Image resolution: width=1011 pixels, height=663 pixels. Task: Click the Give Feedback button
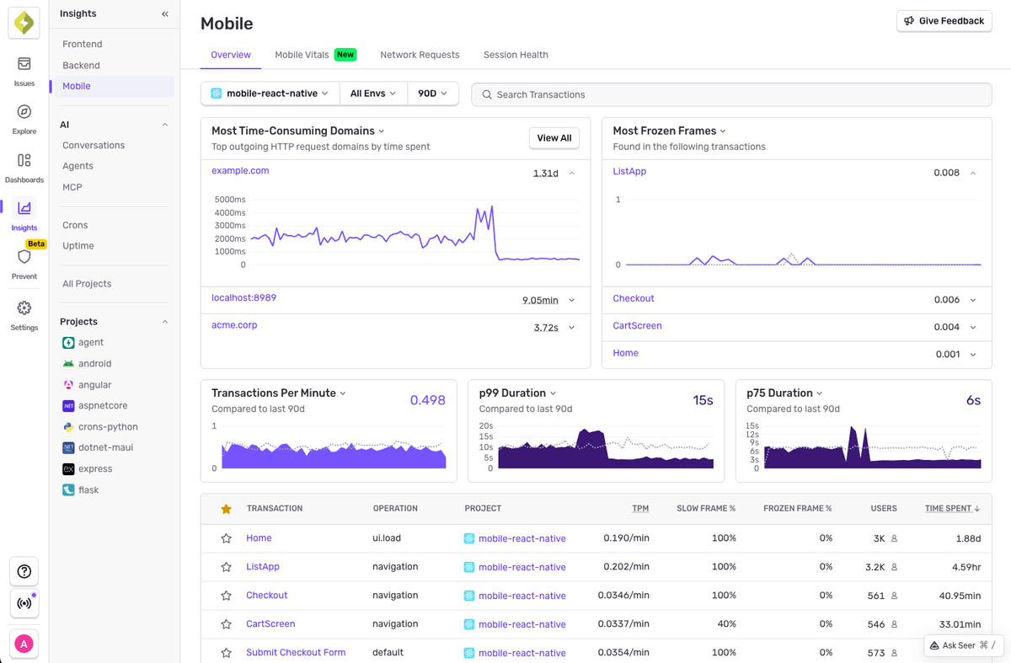pos(944,21)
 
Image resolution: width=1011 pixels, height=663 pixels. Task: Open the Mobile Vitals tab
pos(302,55)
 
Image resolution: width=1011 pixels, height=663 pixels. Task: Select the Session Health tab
pos(516,55)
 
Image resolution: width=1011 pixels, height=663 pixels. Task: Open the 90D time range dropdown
pos(432,94)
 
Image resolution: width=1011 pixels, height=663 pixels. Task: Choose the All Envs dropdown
pos(373,94)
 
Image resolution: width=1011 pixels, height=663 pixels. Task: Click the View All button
pos(554,138)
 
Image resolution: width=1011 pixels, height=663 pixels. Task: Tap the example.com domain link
pos(240,171)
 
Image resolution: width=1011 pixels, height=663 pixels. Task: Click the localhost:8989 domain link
pos(243,298)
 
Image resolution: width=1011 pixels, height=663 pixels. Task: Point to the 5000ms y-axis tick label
pos(230,200)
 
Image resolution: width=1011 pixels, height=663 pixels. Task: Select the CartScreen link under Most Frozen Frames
pos(637,326)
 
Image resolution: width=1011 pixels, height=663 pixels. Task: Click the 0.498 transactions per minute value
pos(427,400)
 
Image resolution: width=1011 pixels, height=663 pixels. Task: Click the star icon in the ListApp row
pos(226,567)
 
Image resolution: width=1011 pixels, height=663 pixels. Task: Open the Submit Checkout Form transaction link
pos(296,653)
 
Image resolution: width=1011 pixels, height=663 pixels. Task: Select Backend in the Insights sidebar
pos(81,65)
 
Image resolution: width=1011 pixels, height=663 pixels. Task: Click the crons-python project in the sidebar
pos(108,427)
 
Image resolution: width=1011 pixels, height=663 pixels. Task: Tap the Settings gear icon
pos(24,308)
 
